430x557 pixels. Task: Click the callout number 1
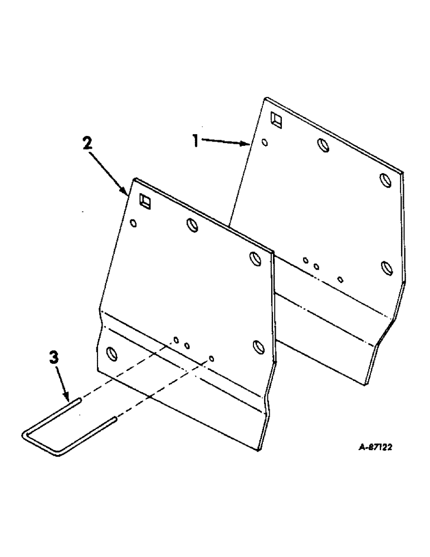point(196,142)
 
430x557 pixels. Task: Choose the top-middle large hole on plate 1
point(323,145)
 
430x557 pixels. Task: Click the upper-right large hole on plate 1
point(385,180)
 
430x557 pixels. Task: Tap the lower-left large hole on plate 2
point(111,353)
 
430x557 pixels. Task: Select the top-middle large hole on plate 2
point(192,225)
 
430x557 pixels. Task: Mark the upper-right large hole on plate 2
point(255,259)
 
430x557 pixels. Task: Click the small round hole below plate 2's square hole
point(133,223)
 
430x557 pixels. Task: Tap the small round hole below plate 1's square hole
point(265,142)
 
